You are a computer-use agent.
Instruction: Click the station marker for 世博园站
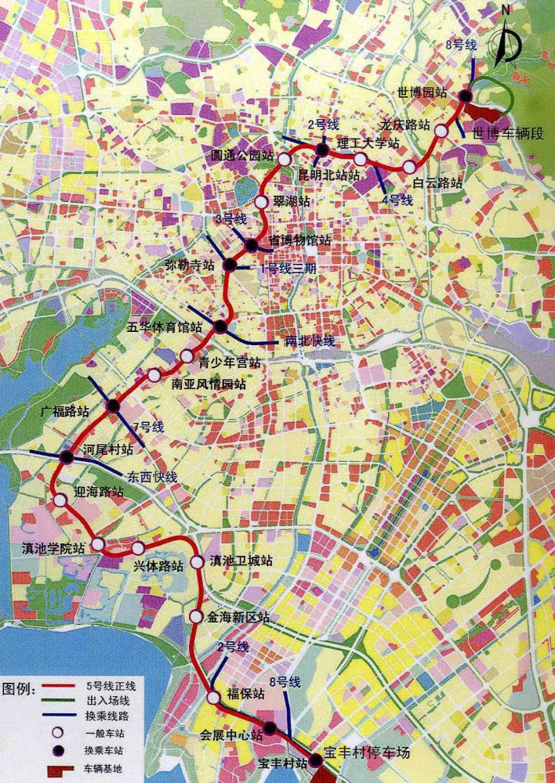[466, 96]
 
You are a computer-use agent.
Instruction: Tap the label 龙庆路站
[404, 124]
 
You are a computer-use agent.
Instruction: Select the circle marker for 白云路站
[410, 167]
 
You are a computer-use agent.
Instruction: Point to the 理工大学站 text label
[368, 143]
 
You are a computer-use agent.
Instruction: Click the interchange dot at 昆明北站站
[322, 150]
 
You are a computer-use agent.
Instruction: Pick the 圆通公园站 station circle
[284, 159]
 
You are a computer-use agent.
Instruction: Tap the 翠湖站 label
[292, 201]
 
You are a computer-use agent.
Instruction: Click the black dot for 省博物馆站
[252, 246]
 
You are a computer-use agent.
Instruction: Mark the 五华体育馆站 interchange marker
[220, 327]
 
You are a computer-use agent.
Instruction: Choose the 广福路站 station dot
[113, 406]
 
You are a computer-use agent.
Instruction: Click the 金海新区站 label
[238, 617]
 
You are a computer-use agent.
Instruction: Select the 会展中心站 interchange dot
[270, 728]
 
